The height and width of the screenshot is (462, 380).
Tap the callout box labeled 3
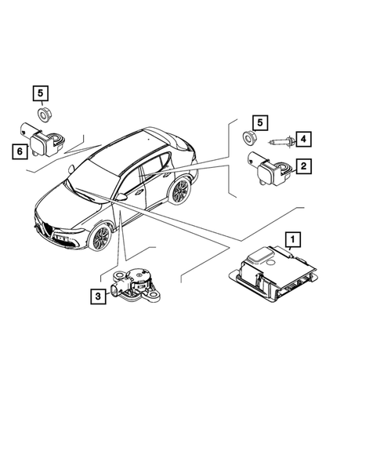click(97, 296)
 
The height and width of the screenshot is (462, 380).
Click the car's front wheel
click(100, 237)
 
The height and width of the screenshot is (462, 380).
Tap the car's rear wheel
click(180, 191)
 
